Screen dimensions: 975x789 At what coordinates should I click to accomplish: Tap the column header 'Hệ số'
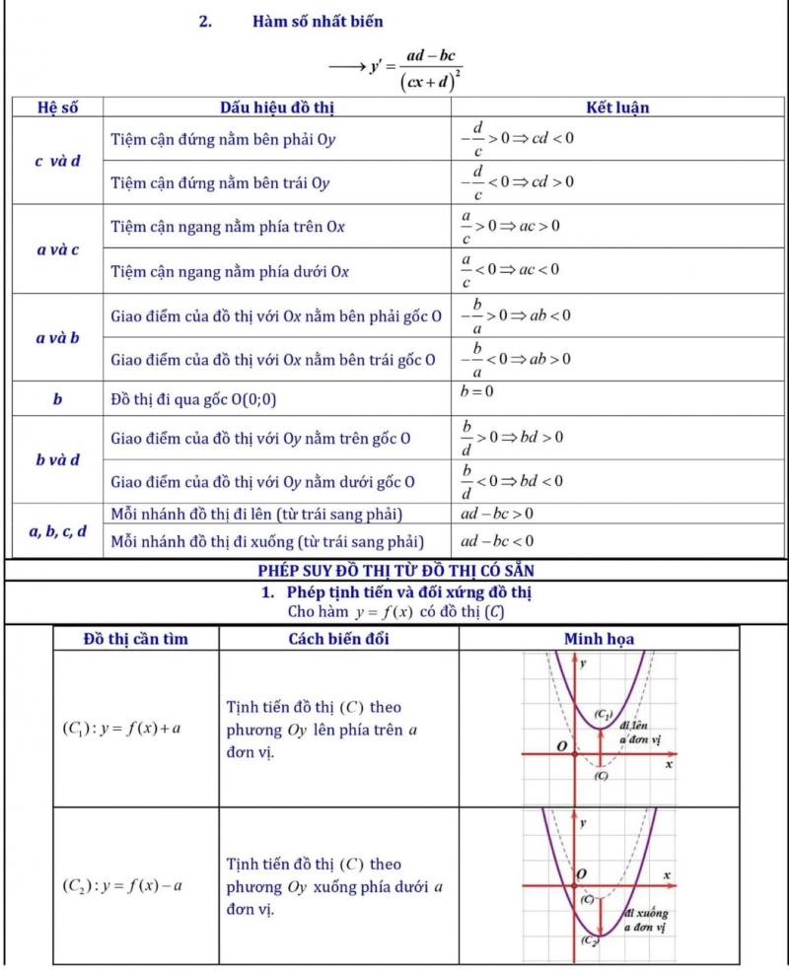[57, 107]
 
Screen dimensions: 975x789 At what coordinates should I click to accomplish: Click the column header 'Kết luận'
[617, 107]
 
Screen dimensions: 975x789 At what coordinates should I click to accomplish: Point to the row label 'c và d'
[57, 161]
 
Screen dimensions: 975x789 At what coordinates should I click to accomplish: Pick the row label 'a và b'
[57, 338]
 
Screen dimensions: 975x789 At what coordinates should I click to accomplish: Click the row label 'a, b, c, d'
[57, 532]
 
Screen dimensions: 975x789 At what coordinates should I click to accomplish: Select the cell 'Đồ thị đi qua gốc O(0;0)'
[194, 399]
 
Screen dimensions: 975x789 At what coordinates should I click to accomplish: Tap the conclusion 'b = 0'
[477, 391]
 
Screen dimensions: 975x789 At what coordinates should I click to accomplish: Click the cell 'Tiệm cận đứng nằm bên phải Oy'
[223, 140]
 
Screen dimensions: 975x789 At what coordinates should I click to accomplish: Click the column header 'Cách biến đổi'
[338, 639]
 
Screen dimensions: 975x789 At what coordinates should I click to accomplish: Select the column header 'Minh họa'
[599, 639]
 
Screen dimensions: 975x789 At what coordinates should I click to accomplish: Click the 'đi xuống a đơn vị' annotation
[645, 920]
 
